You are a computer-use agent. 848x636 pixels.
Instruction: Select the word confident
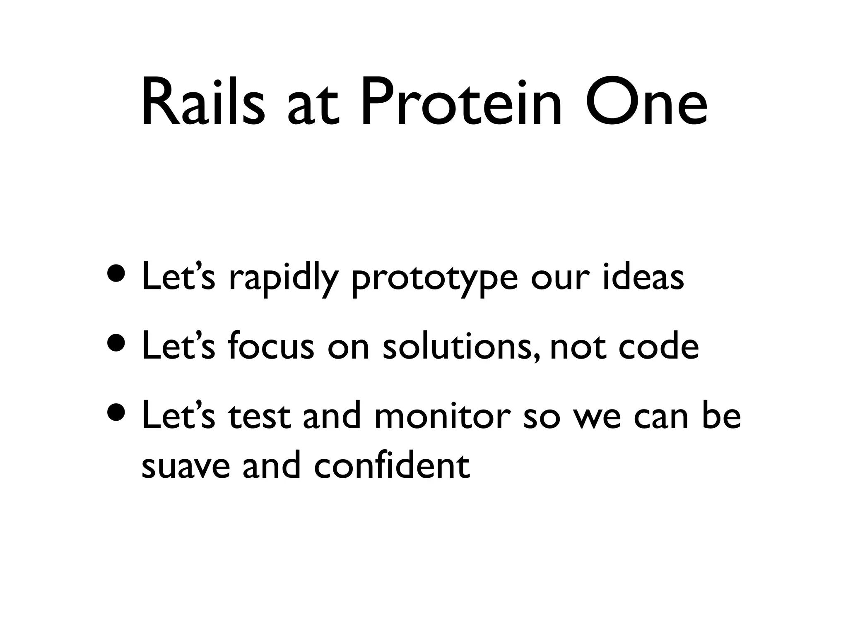[x=392, y=465]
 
